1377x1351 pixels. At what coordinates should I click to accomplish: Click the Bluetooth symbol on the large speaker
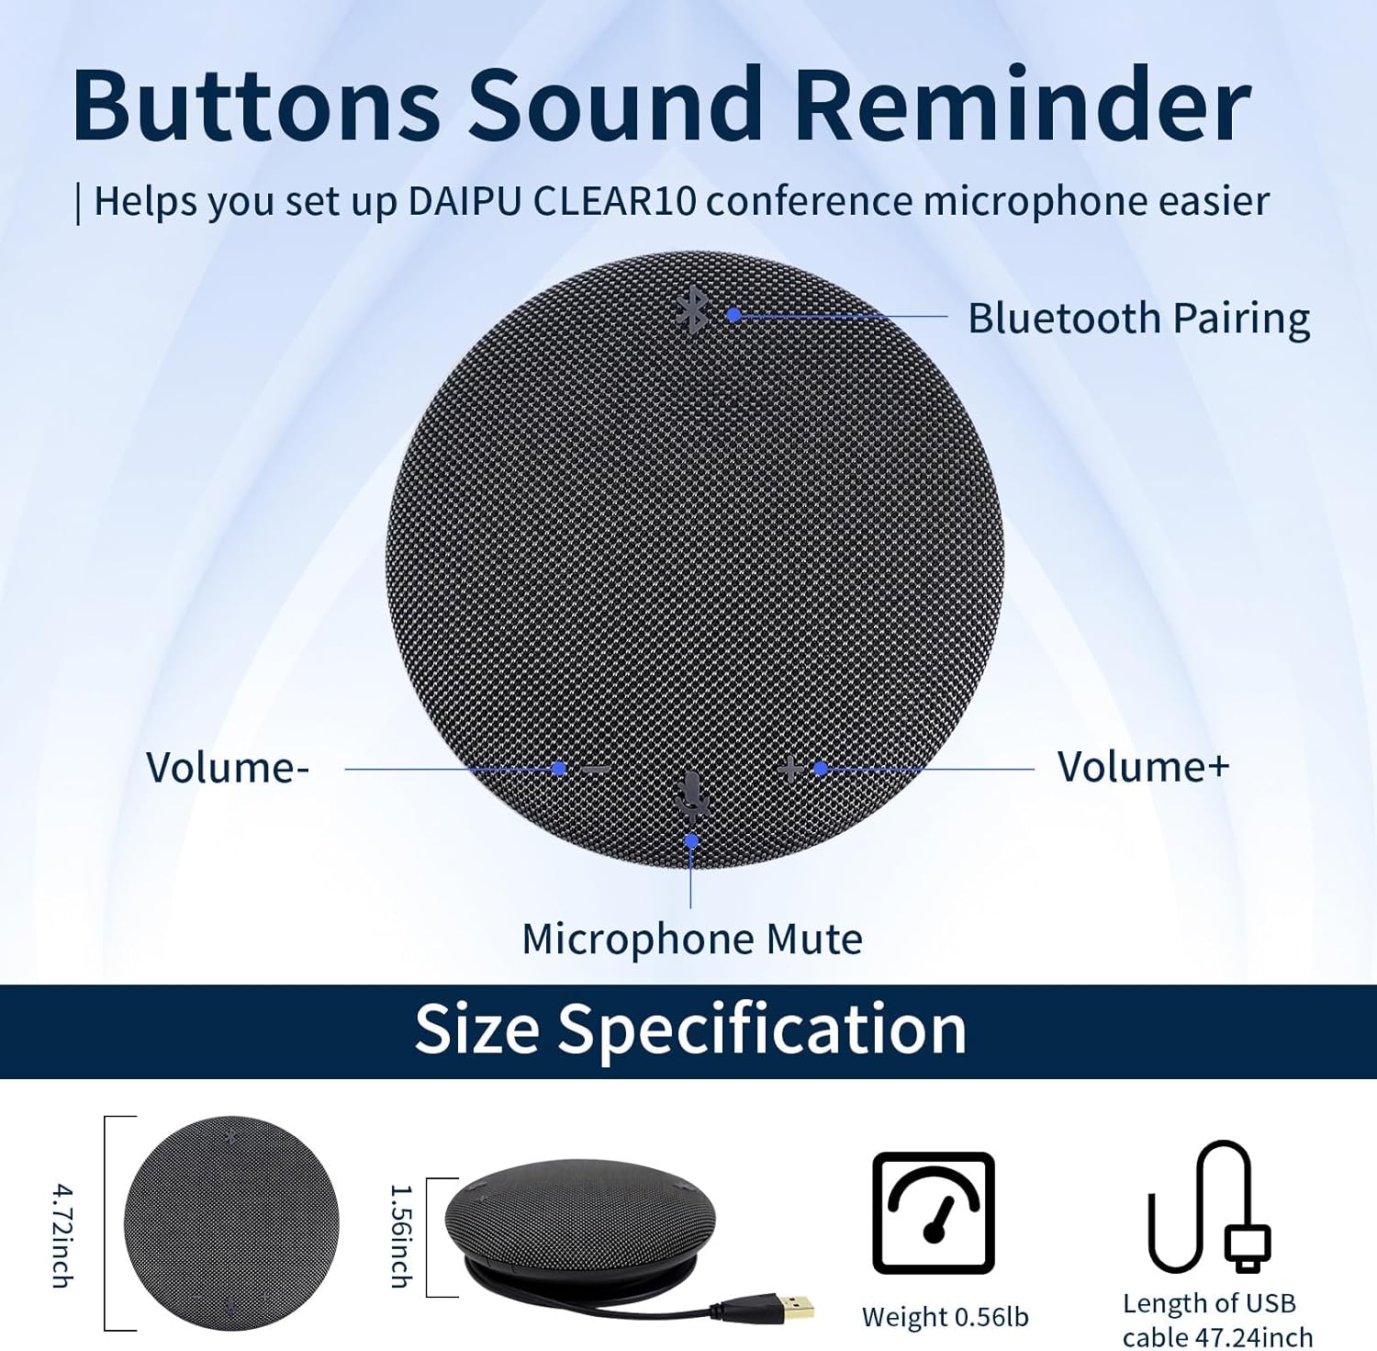click(692, 310)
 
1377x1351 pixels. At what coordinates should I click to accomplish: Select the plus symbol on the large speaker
click(789, 768)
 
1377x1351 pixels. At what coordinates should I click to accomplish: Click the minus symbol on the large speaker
click(595, 769)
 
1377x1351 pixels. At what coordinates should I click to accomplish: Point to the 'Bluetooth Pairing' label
click(1138, 319)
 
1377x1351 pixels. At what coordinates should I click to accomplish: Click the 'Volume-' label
click(228, 768)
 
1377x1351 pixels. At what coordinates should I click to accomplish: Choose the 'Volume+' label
click(1143, 767)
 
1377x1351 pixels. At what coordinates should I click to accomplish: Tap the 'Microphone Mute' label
click(692, 940)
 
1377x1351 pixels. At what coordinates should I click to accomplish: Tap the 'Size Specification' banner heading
click(690, 1030)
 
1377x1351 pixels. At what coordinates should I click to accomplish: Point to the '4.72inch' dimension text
click(62, 1235)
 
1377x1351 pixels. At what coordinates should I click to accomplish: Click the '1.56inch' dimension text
click(401, 1235)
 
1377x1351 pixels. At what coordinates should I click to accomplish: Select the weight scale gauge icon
click(933, 1212)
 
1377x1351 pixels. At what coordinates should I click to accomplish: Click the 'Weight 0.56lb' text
click(945, 1317)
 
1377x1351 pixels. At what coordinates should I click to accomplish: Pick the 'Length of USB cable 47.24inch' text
click(1215, 1320)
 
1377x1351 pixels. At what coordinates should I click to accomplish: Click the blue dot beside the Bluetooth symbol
click(733, 315)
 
